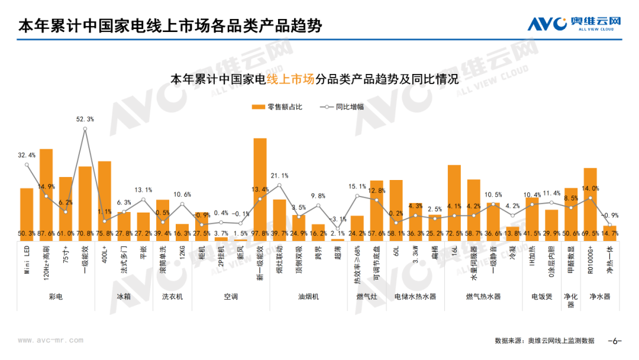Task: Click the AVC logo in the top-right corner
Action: click(x=574, y=24)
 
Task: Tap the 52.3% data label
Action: click(x=85, y=119)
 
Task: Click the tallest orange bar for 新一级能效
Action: click(x=260, y=184)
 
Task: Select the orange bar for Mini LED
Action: click(x=27, y=207)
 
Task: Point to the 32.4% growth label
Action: click(x=27, y=155)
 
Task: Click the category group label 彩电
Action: click(x=56, y=296)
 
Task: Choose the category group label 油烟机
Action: click(x=308, y=296)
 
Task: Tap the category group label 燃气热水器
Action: click(x=483, y=296)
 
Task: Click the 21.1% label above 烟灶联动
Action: click(x=279, y=176)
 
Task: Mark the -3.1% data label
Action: click(x=337, y=219)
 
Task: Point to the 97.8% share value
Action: click(x=260, y=234)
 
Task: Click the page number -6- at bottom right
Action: click(x=615, y=341)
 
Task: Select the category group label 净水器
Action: click(x=599, y=296)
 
